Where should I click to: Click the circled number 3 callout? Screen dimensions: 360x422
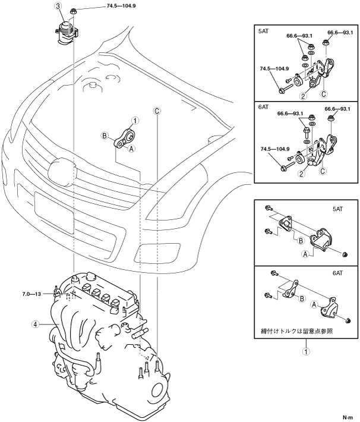click(59, 7)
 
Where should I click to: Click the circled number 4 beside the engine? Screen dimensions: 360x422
click(35, 325)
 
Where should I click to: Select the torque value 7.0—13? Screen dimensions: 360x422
click(31, 294)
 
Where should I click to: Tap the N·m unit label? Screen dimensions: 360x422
click(348, 417)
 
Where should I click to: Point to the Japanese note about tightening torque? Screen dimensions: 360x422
click(297, 330)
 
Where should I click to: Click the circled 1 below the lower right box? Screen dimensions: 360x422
click(305, 351)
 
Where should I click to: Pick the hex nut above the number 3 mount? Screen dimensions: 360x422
click(73, 11)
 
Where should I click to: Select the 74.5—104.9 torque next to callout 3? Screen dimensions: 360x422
click(120, 6)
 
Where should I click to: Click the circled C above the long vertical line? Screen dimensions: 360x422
click(157, 111)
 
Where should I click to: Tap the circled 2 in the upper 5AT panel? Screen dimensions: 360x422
click(303, 96)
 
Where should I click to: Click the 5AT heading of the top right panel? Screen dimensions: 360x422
click(263, 32)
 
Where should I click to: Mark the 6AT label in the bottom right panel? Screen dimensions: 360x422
click(337, 273)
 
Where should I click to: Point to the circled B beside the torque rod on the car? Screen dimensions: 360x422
click(105, 136)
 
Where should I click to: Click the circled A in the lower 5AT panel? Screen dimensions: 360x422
click(305, 254)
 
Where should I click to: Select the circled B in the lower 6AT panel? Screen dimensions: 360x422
click(302, 298)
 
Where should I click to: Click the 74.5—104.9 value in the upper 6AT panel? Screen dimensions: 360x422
click(274, 149)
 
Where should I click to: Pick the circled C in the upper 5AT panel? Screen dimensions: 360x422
click(324, 94)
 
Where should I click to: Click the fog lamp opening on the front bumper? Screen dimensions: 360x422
click(157, 253)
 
